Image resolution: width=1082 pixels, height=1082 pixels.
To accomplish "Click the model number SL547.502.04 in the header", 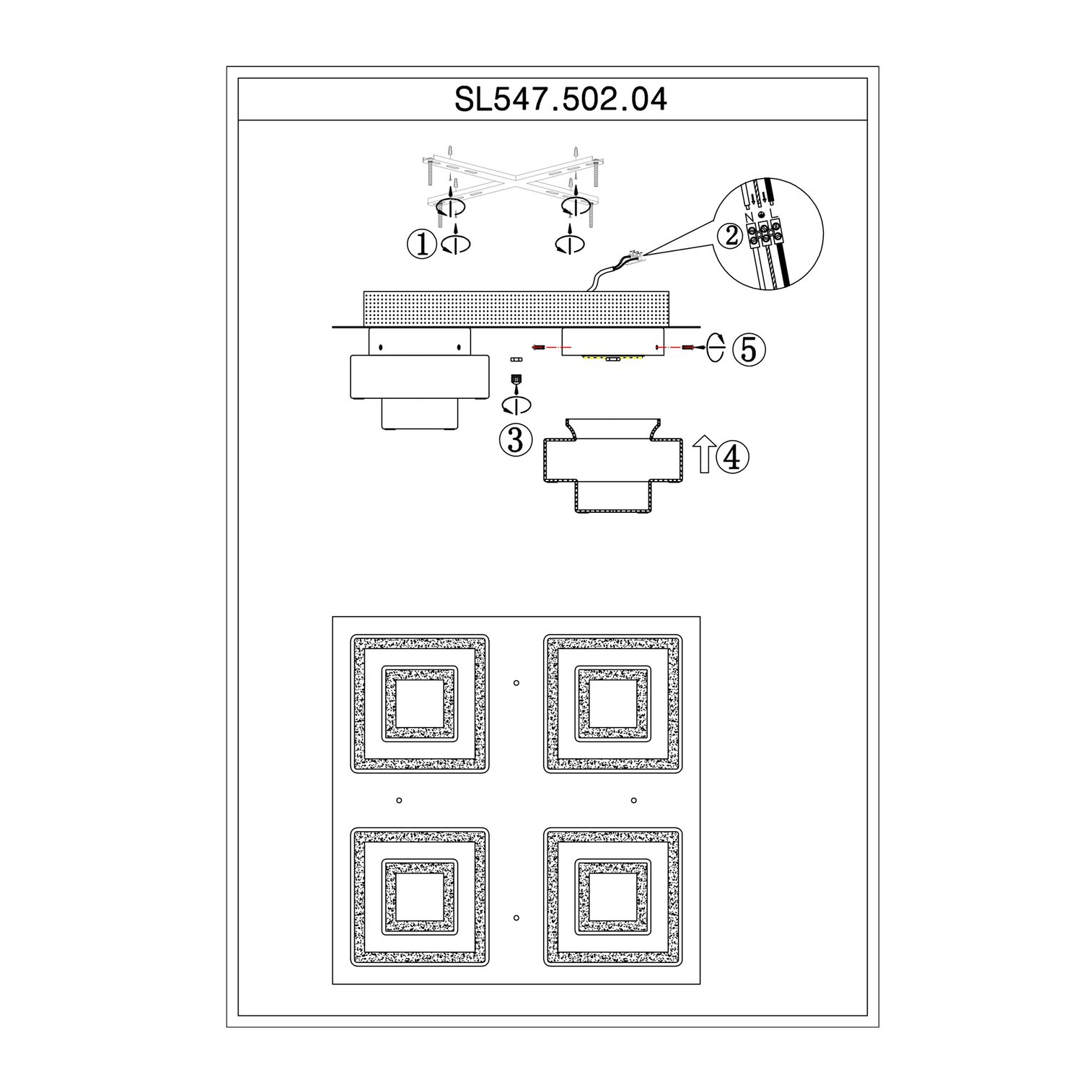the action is (x=560, y=100).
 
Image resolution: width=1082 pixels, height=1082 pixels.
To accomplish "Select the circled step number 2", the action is (x=732, y=235).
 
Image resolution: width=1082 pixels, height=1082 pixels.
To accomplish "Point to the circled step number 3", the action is (x=516, y=439).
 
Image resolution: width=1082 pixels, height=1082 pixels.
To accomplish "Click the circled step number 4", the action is (x=733, y=457).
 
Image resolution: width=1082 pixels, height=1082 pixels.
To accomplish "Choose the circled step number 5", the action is (x=749, y=349).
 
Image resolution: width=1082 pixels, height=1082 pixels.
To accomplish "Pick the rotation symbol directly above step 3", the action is (x=516, y=405).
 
